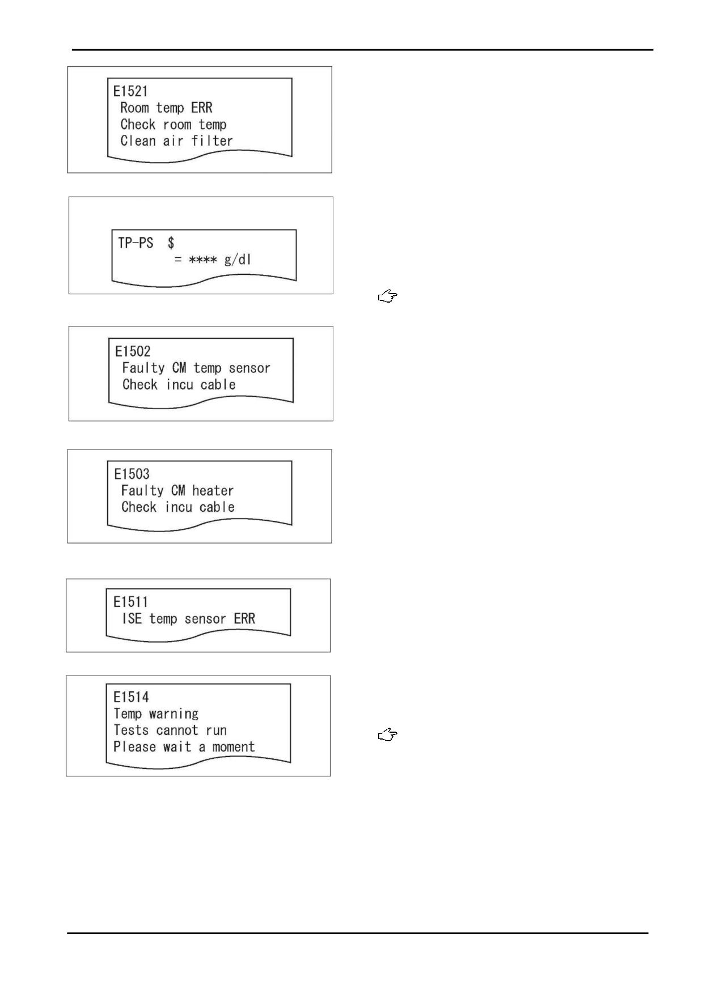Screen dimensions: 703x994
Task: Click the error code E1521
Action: (130, 91)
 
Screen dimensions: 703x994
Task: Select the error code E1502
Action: (133, 351)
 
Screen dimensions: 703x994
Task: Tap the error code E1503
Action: (132, 474)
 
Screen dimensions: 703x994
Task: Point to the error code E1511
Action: (130, 602)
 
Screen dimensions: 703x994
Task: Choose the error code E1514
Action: (131, 697)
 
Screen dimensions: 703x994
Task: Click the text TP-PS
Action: (135, 243)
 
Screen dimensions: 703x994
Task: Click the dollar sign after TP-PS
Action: (171, 243)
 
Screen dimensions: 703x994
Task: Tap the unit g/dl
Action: (238, 260)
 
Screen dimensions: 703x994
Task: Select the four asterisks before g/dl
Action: (203, 260)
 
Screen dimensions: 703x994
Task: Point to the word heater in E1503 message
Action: (213, 491)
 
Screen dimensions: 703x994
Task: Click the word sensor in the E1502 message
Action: (249, 368)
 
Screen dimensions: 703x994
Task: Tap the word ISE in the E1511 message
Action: (132, 618)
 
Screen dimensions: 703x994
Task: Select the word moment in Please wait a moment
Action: (234, 747)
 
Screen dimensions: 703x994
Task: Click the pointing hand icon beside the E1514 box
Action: (388, 736)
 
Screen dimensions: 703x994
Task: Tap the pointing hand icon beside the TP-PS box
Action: (388, 296)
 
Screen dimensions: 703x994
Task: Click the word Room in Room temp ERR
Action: (134, 108)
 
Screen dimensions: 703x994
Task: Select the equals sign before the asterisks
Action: (178, 260)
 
